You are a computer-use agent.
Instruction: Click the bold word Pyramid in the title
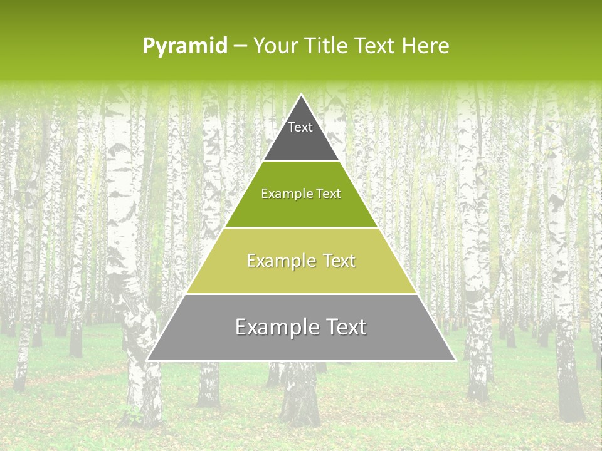point(185,46)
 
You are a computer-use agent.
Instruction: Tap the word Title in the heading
point(329,46)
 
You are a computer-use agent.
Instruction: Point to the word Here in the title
point(425,46)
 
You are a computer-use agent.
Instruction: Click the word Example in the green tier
point(282,194)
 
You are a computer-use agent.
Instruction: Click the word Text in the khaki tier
point(339,261)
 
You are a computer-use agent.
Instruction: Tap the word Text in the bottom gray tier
point(346,327)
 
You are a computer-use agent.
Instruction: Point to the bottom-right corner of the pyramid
point(455,360)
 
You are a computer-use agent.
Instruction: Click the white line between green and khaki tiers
point(301,227)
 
